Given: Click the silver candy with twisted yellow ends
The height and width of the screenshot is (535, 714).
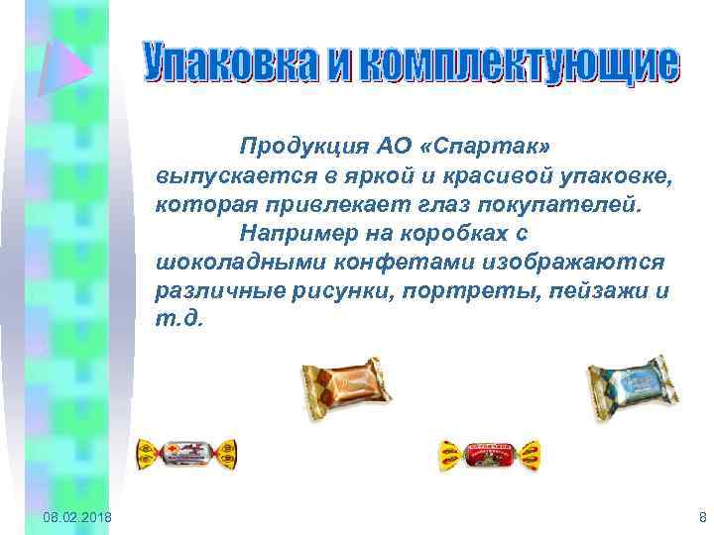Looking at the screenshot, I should [189, 454].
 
